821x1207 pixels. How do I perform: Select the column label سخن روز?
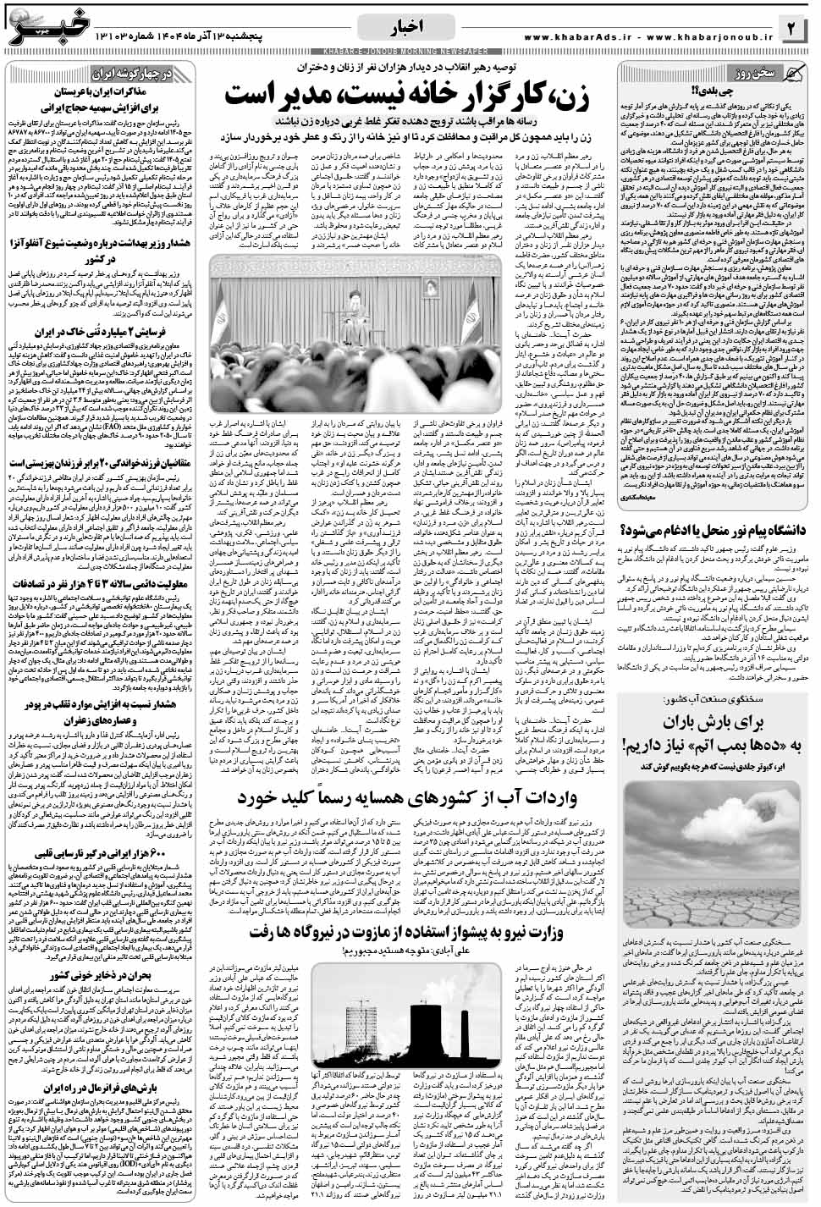756,72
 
